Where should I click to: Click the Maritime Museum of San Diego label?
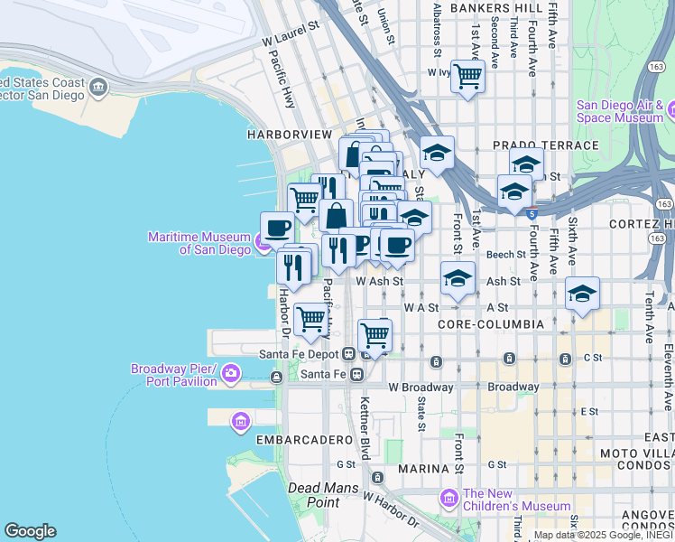(199, 243)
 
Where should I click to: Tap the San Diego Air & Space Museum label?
(620, 110)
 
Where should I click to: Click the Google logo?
(30, 531)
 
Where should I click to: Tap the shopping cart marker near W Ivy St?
(467, 76)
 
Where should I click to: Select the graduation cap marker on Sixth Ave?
(583, 294)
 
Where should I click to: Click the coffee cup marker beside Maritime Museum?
(277, 227)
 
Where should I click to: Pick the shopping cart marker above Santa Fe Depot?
(374, 335)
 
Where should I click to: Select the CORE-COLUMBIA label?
(490, 323)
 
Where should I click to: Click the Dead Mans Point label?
(313, 494)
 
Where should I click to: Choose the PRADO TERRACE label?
(545, 145)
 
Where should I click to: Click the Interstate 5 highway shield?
(532, 214)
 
